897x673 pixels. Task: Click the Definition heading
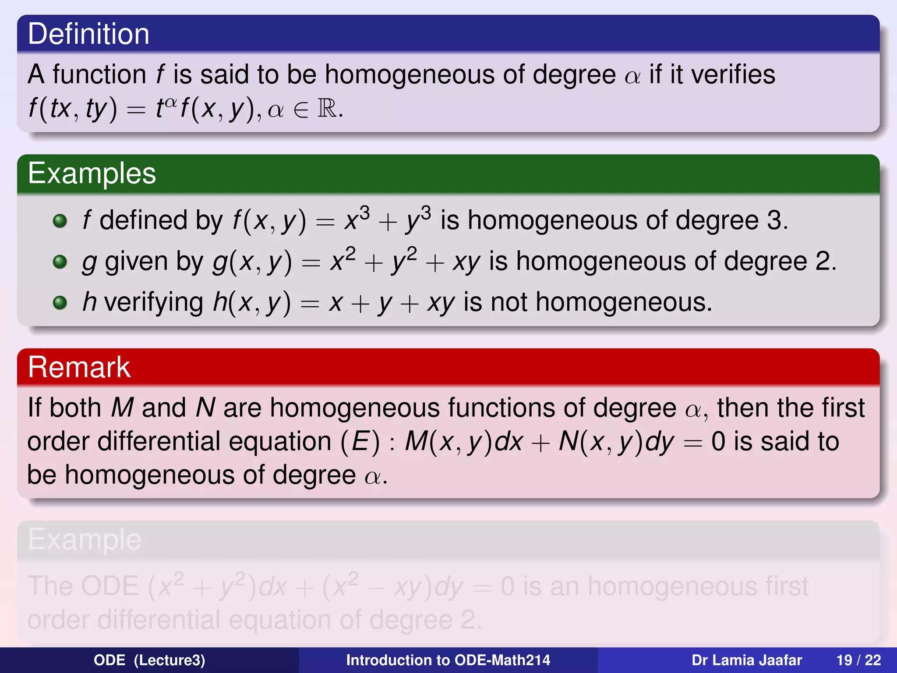click(x=88, y=34)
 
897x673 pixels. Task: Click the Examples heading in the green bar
click(x=92, y=174)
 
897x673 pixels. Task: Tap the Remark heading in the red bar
click(x=79, y=367)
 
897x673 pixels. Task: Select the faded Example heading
click(x=85, y=539)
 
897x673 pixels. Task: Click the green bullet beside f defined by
click(x=60, y=221)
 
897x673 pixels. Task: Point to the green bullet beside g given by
click(x=60, y=262)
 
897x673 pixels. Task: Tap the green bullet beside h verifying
click(x=60, y=303)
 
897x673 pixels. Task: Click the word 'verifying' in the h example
click(x=154, y=303)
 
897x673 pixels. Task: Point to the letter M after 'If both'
click(x=122, y=408)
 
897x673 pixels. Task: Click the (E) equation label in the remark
click(x=360, y=441)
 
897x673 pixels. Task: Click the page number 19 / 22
click(x=858, y=660)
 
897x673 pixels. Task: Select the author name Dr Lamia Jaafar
click(x=746, y=660)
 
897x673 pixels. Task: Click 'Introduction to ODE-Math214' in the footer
click(x=448, y=660)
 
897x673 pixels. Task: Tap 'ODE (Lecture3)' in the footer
click(x=149, y=660)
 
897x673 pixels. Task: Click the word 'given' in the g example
click(x=136, y=262)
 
